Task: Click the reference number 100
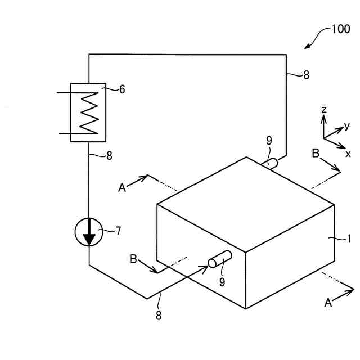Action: (340, 29)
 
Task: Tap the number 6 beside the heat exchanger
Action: (121, 89)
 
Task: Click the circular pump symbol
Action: (89, 232)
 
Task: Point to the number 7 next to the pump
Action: (118, 230)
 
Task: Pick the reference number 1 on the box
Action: (349, 238)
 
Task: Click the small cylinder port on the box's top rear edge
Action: (271, 164)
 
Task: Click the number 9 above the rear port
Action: (269, 141)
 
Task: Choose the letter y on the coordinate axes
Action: (347, 125)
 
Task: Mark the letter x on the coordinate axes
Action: (348, 153)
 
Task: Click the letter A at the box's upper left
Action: (122, 188)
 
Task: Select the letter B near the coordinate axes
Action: (316, 153)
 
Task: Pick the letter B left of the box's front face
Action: (133, 259)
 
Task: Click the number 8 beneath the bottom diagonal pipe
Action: (159, 316)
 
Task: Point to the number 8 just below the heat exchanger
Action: (109, 156)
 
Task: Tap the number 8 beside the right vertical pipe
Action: (305, 74)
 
